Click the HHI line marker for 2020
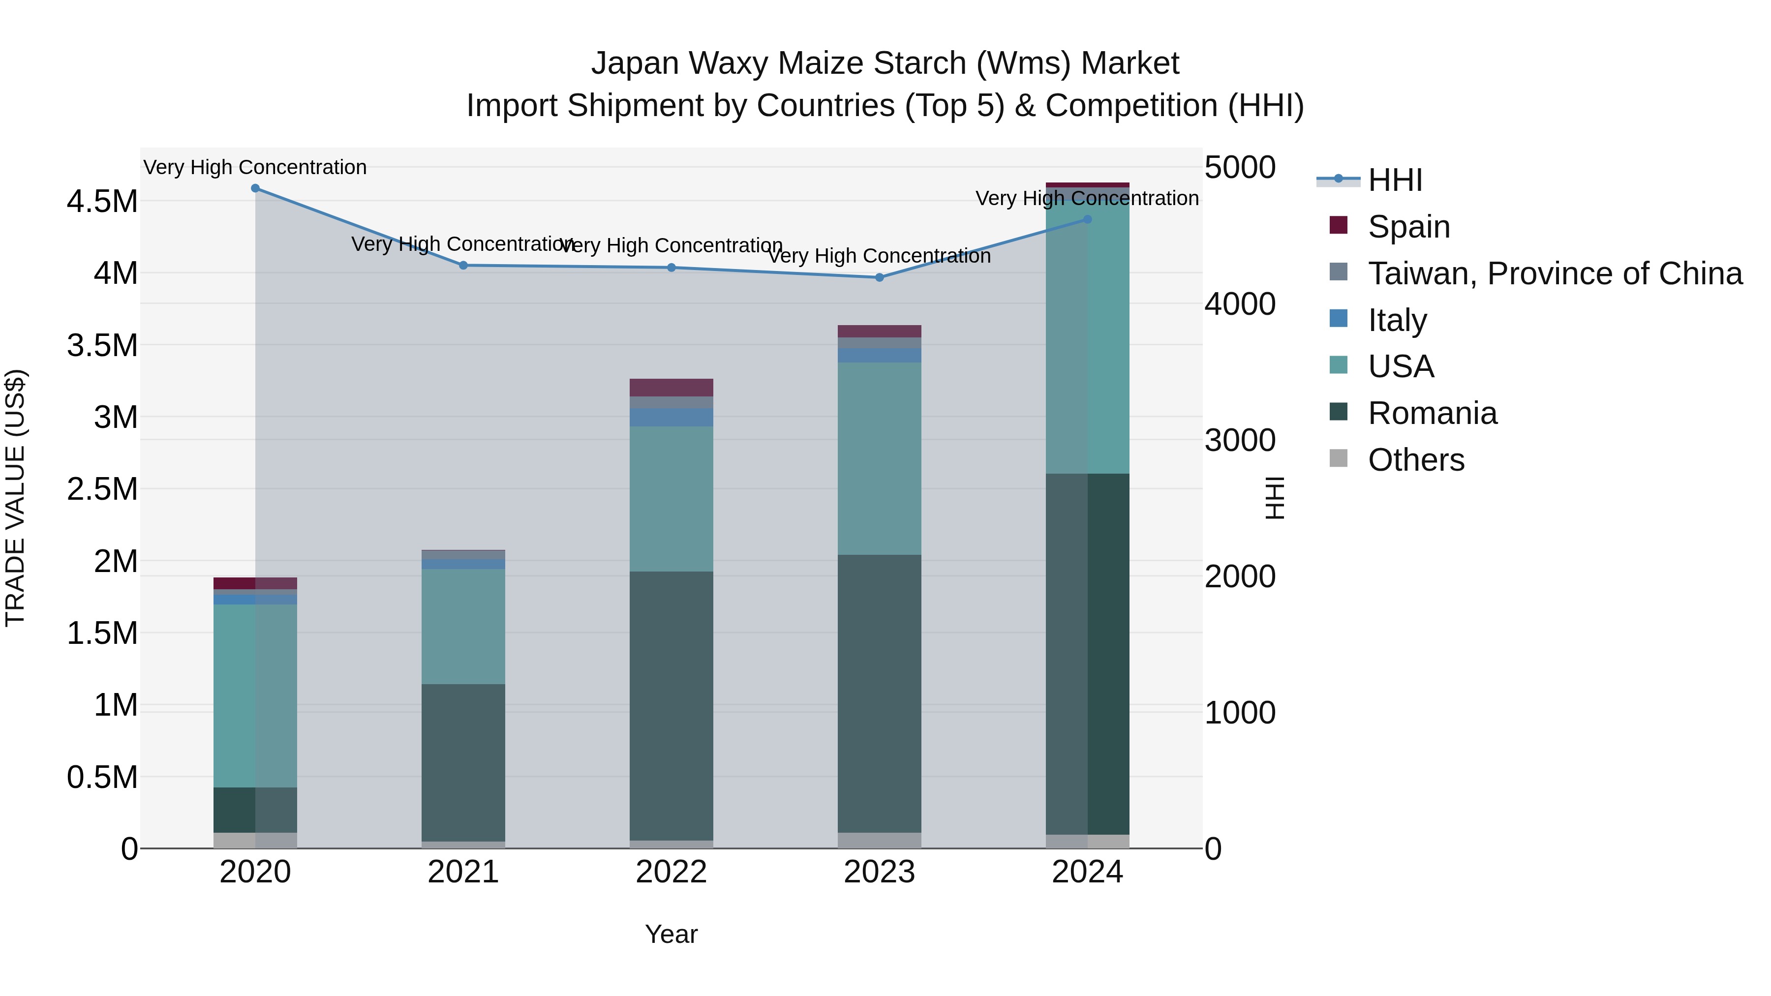tap(255, 188)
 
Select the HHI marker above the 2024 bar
tap(1087, 220)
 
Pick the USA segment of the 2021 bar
tap(463, 626)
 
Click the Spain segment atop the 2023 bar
tap(879, 332)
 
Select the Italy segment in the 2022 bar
tap(671, 417)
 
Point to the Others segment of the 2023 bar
tap(879, 840)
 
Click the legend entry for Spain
tap(1409, 227)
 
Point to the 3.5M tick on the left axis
tap(102, 345)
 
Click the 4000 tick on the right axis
tap(1240, 304)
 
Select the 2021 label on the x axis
tap(463, 872)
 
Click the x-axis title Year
tap(671, 934)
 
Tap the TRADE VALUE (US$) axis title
tap(15, 498)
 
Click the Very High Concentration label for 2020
tap(255, 167)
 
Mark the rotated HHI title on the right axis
tap(1274, 498)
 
